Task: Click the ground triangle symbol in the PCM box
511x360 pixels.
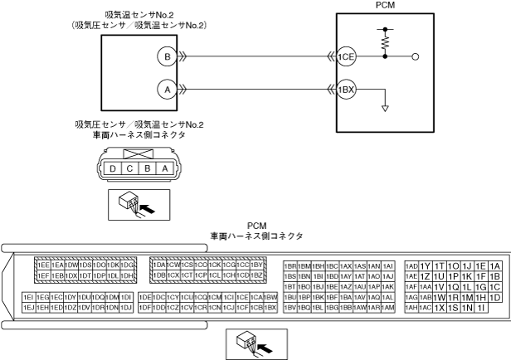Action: click(386, 106)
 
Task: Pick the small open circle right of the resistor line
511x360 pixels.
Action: click(416, 57)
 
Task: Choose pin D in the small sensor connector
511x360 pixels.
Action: click(113, 168)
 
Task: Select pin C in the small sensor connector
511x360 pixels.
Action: click(129, 168)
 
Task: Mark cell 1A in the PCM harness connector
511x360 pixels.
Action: click(495, 265)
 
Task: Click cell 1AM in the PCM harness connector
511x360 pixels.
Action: click(388, 308)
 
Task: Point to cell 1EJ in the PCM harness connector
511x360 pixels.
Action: click(28, 308)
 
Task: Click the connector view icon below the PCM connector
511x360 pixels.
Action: click(255, 340)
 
